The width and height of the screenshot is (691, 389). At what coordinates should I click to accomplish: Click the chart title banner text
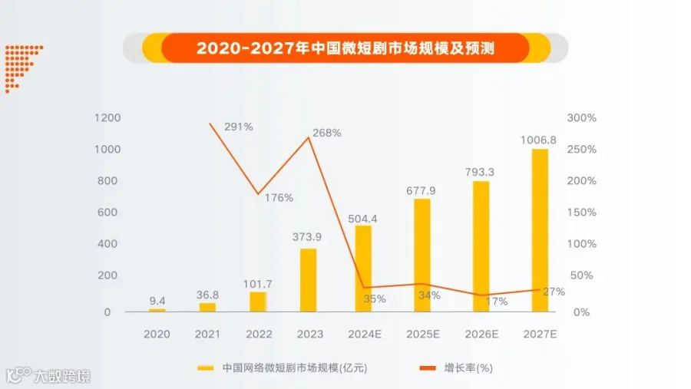[x=345, y=48]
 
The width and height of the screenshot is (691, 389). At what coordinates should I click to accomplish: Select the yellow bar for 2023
[x=308, y=280]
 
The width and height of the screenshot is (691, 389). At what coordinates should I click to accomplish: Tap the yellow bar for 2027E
[x=540, y=230]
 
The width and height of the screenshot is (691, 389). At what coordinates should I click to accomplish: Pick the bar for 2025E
[x=422, y=255]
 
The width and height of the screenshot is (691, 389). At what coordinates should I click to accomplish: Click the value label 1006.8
[x=538, y=140]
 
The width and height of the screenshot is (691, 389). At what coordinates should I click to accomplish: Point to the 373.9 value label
[x=306, y=237]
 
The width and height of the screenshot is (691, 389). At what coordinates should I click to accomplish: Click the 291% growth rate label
[x=239, y=127]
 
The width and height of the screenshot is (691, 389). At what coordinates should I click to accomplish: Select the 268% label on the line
[x=326, y=133]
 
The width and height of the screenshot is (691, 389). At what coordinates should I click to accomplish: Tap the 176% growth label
[x=279, y=198]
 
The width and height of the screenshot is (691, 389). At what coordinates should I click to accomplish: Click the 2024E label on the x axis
[x=365, y=335]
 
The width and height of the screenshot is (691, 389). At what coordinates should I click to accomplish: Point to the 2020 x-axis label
[x=157, y=335]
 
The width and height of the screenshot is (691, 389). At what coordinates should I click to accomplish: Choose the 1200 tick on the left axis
[x=107, y=117]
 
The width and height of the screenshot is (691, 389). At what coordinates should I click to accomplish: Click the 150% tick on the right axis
[x=581, y=213]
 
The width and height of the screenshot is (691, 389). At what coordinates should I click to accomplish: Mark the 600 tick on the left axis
[x=107, y=213]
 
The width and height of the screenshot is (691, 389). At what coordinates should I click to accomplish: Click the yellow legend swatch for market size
[x=205, y=368]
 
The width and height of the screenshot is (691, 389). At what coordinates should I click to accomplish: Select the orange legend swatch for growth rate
[x=428, y=368]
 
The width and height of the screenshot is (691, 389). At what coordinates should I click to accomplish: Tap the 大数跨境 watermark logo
[x=48, y=376]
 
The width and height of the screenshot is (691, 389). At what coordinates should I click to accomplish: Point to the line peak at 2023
[x=309, y=138]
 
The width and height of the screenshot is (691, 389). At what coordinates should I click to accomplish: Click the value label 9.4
[x=157, y=301]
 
